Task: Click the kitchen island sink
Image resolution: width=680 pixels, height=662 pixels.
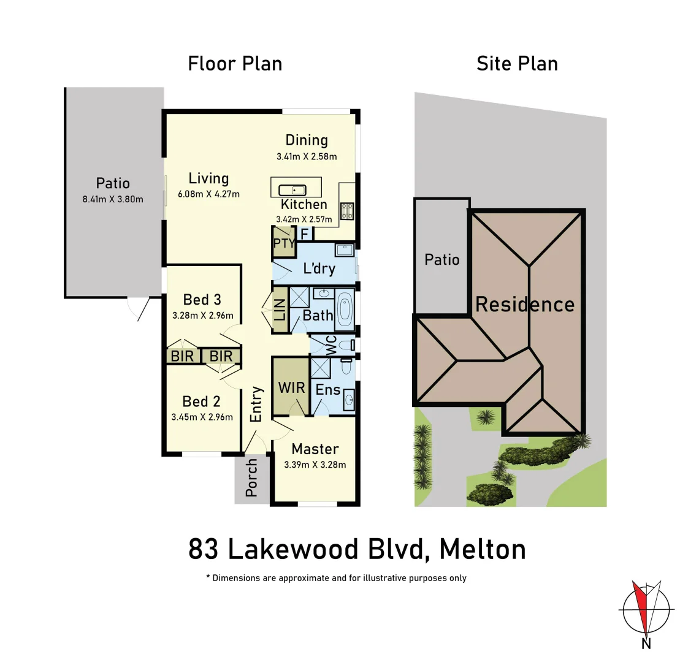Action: tap(292, 190)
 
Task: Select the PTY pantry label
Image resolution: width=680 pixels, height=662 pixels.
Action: tap(283, 243)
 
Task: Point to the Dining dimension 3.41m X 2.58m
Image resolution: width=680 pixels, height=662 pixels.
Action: tap(307, 156)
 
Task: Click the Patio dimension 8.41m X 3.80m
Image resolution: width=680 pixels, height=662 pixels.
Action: tap(113, 199)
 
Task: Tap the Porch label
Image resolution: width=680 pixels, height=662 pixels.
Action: tap(251, 479)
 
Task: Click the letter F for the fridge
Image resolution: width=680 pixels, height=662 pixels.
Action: tap(304, 234)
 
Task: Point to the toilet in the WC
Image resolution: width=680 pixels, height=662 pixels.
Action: tap(348, 345)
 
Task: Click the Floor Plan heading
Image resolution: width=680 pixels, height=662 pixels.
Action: tap(235, 63)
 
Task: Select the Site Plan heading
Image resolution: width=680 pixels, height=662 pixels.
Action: tap(517, 63)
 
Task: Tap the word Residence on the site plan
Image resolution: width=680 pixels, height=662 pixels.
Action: tap(525, 305)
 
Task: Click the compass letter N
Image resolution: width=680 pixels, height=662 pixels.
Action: tap(646, 643)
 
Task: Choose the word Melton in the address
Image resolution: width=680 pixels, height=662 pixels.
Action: tap(483, 549)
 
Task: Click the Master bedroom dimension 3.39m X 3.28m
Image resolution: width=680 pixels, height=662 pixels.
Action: tap(315, 465)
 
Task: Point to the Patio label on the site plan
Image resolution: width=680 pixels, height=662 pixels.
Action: tap(442, 260)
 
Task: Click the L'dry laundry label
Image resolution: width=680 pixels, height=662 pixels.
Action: tap(319, 268)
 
